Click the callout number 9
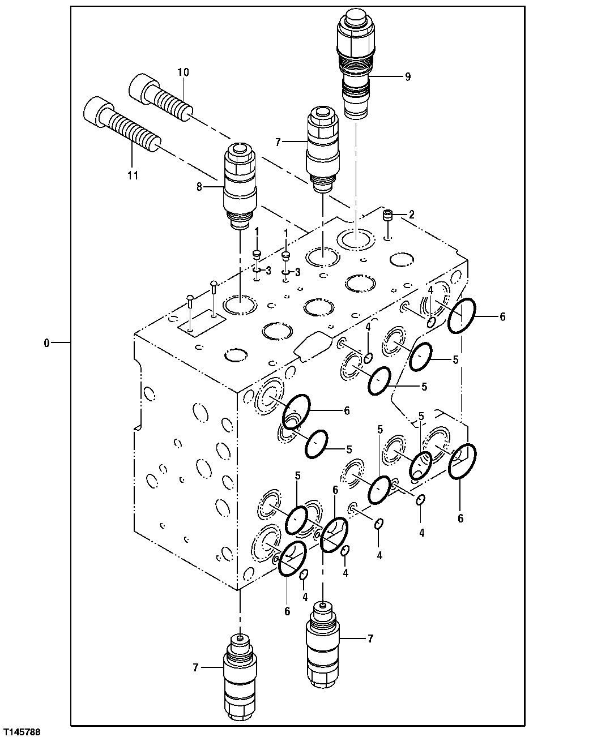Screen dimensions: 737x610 [407, 78]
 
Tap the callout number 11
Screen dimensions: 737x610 [133, 175]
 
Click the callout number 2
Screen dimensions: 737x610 [412, 215]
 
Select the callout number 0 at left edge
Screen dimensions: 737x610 [46, 342]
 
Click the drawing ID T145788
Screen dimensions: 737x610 [22, 732]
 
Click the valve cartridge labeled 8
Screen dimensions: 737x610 [241, 184]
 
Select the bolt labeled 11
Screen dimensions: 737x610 [122, 126]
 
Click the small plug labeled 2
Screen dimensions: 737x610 [388, 216]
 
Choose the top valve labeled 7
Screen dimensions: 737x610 [322, 147]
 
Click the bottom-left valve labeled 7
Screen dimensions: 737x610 [240, 674]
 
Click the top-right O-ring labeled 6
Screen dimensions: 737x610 [462, 316]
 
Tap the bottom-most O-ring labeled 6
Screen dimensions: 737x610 [292, 558]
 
